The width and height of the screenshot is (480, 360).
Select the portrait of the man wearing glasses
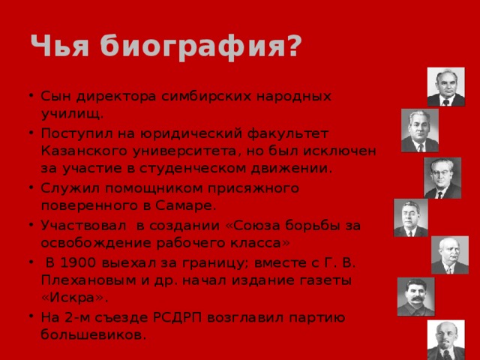coord(442,178)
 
